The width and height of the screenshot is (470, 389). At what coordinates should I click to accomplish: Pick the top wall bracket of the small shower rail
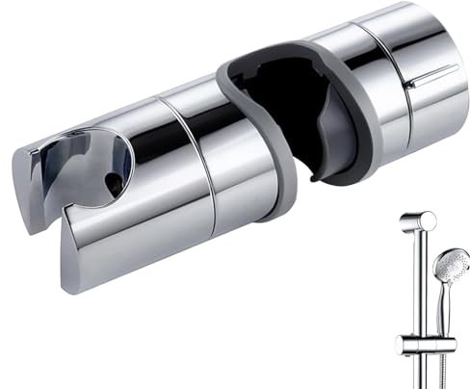click(x=415, y=224)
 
